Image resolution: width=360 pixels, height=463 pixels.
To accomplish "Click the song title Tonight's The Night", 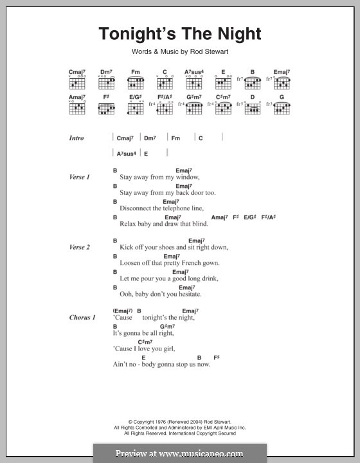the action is click(x=179, y=35).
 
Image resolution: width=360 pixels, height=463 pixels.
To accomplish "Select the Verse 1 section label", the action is click(x=80, y=177).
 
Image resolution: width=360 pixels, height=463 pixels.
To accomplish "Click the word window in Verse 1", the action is click(x=186, y=177).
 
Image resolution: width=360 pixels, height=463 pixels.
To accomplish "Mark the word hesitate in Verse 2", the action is click(x=186, y=295).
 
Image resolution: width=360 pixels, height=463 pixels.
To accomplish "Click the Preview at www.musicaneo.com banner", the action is click(x=179, y=453).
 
